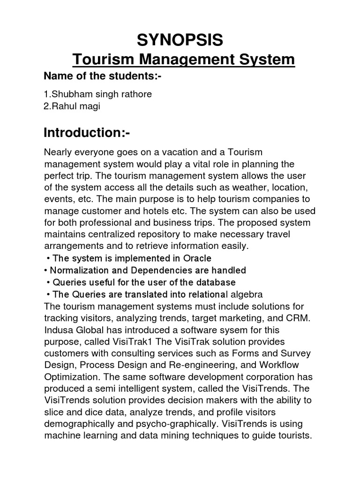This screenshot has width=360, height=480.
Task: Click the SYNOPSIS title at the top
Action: [x=180, y=41]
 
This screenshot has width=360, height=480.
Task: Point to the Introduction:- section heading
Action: [x=86, y=133]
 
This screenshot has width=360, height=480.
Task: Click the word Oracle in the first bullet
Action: [x=196, y=258]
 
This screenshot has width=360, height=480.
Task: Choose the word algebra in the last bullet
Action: [x=245, y=294]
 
